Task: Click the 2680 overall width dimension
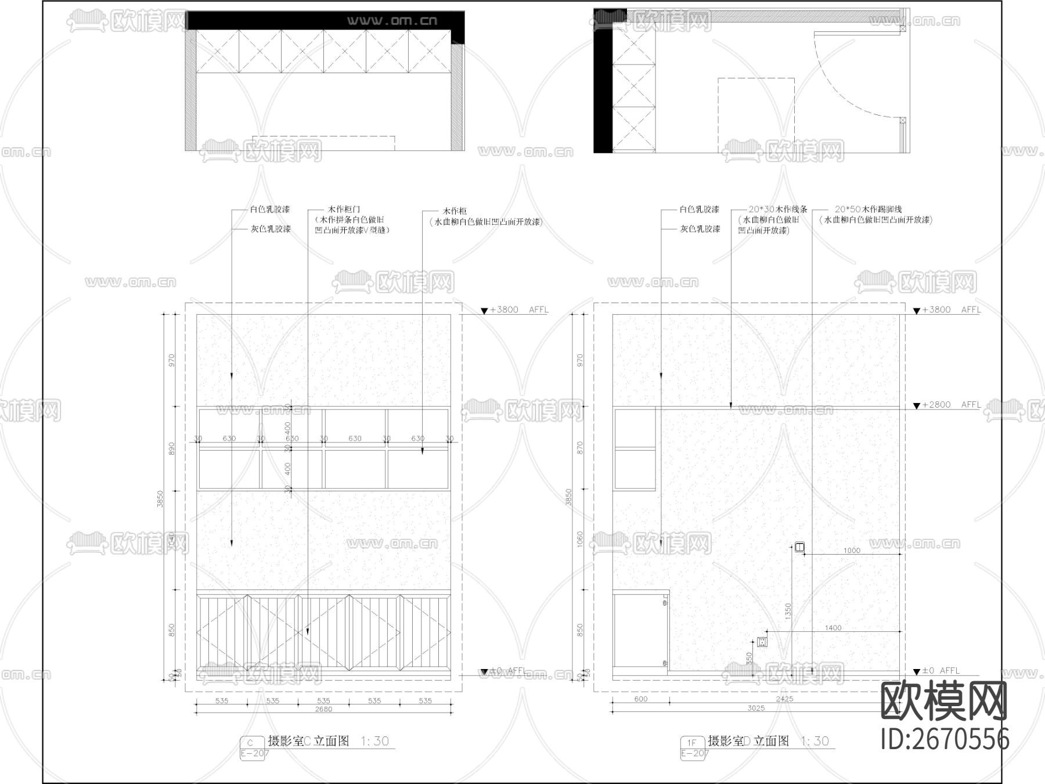pyautogui.click(x=323, y=709)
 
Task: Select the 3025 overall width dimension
pyautogui.click(x=756, y=708)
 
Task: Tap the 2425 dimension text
pyautogui.click(x=784, y=699)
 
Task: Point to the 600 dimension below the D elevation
pyautogui.click(x=640, y=699)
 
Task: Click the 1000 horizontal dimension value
pyautogui.click(x=852, y=551)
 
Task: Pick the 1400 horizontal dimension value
pyautogui.click(x=833, y=628)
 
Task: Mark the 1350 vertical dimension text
pyautogui.click(x=788, y=610)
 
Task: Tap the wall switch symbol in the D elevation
pyautogui.click(x=799, y=546)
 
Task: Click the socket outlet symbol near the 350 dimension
pyautogui.click(x=761, y=642)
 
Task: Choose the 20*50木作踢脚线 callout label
pyautogui.click(x=868, y=209)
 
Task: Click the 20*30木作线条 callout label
pyautogui.click(x=777, y=209)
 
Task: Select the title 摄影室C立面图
pyautogui.click(x=308, y=741)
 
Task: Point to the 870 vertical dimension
pyautogui.click(x=579, y=448)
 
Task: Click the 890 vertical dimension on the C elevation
pyautogui.click(x=171, y=448)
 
